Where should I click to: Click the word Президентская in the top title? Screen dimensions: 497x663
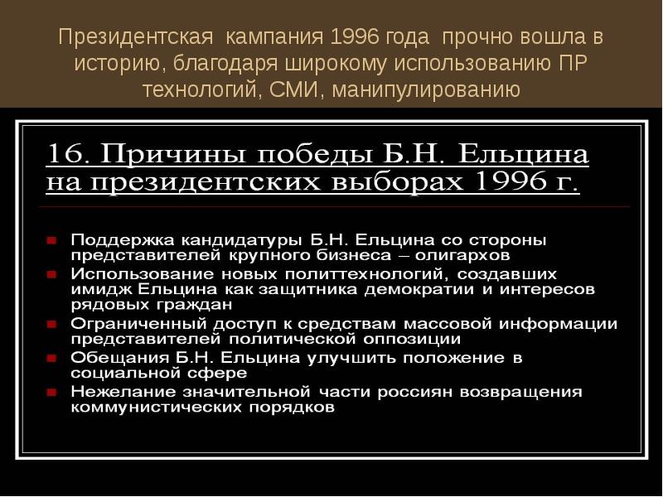133,38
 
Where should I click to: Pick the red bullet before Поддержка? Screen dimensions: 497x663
51,240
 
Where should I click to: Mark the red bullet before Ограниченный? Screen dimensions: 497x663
51,324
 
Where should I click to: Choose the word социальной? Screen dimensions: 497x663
119,374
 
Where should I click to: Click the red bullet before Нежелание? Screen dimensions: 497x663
51,392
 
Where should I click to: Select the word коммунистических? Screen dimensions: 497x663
146,408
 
